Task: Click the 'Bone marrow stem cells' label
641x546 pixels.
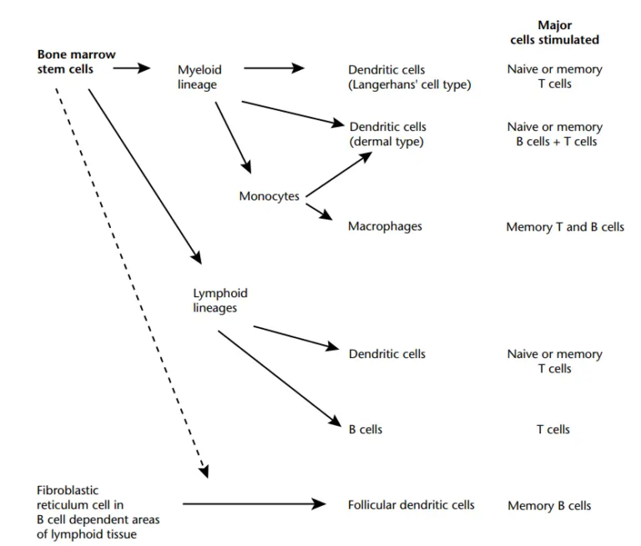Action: pyautogui.click(x=76, y=62)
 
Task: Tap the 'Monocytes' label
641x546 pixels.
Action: pyautogui.click(x=268, y=197)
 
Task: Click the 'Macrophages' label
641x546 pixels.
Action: pyautogui.click(x=385, y=226)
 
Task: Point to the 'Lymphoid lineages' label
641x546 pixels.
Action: pyautogui.click(x=220, y=301)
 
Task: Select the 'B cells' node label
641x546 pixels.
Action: pyautogui.click(x=366, y=430)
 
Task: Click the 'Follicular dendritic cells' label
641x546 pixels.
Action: pyautogui.click(x=411, y=505)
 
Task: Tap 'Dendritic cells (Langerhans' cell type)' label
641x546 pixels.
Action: pyautogui.click(x=409, y=77)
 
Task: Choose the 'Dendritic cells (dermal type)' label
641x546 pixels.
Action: pyautogui.click(x=387, y=134)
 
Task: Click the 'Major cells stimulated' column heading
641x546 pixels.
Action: pyautogui.click(x=554, y=33)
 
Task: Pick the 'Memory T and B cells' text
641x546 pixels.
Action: pyautogui.click(x=564, y=227)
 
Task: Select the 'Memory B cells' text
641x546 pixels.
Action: pyautogui.click(x=549, y=506)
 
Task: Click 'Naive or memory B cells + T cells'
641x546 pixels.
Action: pyautogui.click(x=554, y=134)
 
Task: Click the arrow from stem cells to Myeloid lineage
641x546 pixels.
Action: pyautogui.click(x=131, y=69)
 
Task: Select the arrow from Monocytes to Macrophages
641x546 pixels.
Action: pyautogui.click(x=320, y=210)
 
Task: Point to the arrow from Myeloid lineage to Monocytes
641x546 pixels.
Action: pyautogui.click(x=233, y=137)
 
